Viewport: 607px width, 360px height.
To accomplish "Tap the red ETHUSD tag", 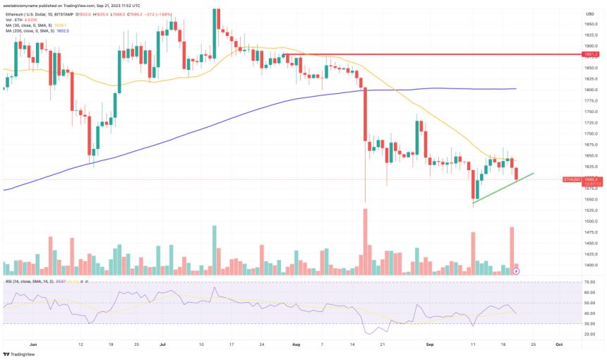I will tap(571, 180).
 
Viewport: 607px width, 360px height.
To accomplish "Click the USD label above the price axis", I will tap(588, 13).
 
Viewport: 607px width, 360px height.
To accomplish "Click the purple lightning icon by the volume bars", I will tap(517, 270).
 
